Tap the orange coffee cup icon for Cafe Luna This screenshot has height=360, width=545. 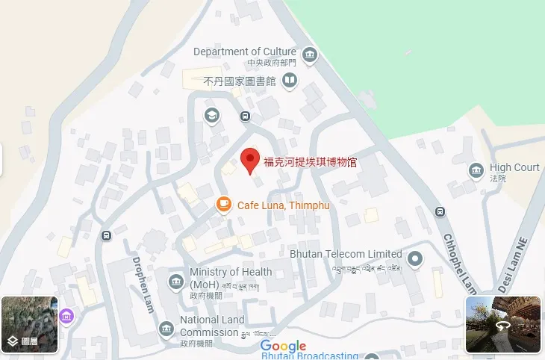223,204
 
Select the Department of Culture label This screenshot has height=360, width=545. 245,52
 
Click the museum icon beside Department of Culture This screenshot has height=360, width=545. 310,55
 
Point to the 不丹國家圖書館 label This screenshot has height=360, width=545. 240,80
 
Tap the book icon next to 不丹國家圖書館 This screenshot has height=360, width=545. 289,80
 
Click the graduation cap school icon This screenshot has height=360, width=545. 212,116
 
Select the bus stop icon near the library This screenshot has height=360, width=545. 245,117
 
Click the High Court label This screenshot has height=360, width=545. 514,167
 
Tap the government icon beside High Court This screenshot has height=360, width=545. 476,172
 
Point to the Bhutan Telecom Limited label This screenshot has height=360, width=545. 346,254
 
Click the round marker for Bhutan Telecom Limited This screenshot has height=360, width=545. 416,259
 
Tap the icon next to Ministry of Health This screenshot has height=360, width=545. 175,282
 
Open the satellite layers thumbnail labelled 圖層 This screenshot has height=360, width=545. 30,324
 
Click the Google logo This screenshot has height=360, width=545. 284,346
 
